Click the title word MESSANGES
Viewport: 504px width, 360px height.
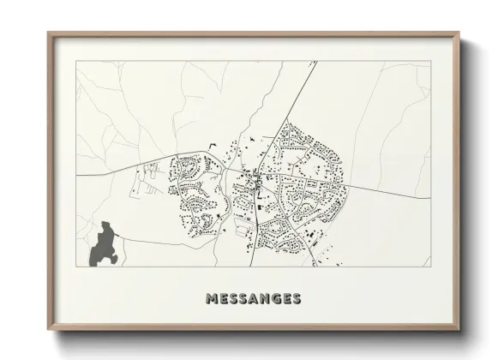pyautogui.click(x=253, y=299)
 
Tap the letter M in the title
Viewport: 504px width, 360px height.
pyautogui.click(x=212, y=299)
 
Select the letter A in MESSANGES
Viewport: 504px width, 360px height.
pyautogui.click(x=253, y=299)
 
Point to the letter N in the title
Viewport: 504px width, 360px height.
pyautogui.click(x=264, y=299)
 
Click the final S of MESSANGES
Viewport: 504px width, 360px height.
pyautogui.click(x=296, y=299)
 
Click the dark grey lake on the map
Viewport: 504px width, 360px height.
pyautogui.click(x=104, y=243)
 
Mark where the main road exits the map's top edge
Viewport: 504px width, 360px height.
pyautogui.click(x=316, y=61)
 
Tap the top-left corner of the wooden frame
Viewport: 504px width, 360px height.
pyautogui.click(x=48, y=33)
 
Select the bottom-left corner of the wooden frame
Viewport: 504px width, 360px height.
pyautogui.click(x=48, y=333)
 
